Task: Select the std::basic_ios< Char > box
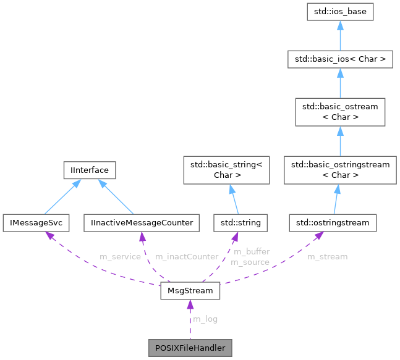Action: point(339,60)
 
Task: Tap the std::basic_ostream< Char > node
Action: point(339,112)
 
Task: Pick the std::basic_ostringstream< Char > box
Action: point(339,170)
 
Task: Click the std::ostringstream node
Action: point(333,222)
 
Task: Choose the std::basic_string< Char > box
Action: point(226,170)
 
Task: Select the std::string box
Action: point(237,222)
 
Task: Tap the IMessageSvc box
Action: point(36,222)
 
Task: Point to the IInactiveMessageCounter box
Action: point(142,222)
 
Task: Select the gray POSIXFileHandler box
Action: point(190,347)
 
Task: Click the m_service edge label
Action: point(120,256)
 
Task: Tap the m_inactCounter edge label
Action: point(187,256)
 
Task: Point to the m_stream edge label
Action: point(328,256)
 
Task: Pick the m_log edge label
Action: point(205,319)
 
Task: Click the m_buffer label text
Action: point(251,252)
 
